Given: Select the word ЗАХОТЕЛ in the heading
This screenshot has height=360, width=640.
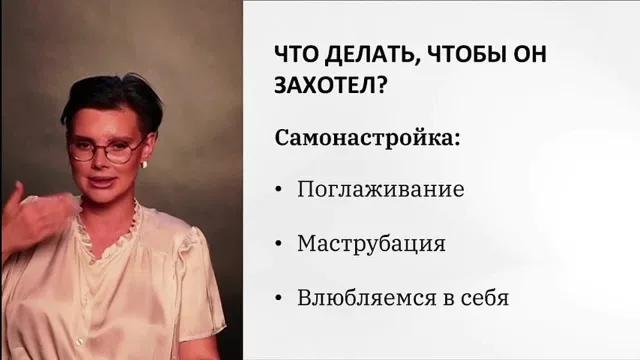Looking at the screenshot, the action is [324, 86].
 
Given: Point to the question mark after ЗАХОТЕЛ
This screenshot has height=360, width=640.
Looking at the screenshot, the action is [380, 85].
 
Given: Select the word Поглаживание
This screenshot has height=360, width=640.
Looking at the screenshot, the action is [380, 189].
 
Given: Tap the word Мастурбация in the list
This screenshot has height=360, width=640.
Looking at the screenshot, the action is [371, 243].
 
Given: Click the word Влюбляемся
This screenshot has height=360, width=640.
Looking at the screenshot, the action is [367, 298].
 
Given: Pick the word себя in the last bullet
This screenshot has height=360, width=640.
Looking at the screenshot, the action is [485, 298].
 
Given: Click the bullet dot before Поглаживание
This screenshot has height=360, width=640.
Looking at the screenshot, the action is [279, 190].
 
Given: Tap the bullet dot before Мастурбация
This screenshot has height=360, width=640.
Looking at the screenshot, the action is [279, 244].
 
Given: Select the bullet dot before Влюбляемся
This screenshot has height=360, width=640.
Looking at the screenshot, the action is [279, 298].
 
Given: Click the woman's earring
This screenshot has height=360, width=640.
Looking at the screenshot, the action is [144, 164].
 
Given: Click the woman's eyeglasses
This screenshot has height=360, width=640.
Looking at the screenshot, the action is [106, 149].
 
